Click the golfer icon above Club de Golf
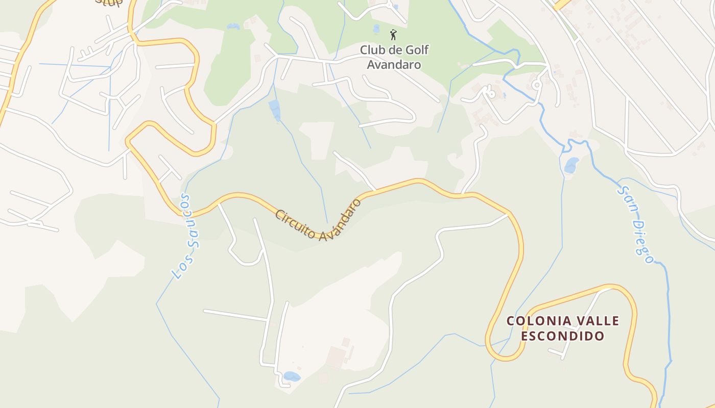[393, 35]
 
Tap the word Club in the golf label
[372, 50]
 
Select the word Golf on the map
[417, 50]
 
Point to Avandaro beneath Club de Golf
[394, 65]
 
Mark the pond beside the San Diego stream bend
[571, 165]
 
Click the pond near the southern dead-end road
[292, 376]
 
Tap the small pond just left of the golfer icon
[376, 28]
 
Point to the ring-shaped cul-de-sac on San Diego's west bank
[536, 85]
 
